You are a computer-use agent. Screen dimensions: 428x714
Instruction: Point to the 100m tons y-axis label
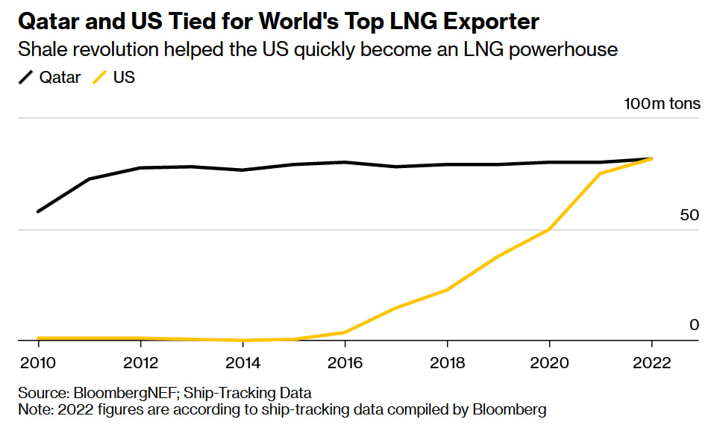(x=663, y=103)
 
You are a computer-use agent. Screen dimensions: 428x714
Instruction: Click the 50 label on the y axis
(x=690, y=215)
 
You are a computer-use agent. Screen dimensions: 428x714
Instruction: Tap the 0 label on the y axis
(x=695, y=325)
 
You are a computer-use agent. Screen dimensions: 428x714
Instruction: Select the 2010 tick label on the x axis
(x=38, y=363)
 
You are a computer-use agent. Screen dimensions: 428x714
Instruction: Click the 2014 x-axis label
(x=242, y=363)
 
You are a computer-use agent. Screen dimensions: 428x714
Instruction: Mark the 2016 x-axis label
(x=345, y=363)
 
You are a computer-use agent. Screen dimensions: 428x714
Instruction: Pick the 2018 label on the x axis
(x=447, y=363)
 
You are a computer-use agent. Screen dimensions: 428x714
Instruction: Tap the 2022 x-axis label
(x=651, y=363)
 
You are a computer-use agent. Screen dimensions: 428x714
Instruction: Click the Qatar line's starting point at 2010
(x=38, y=211)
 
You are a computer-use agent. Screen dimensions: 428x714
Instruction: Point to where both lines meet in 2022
(x=651, y=158)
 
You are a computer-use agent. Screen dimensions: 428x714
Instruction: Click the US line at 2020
(x=549, y=229)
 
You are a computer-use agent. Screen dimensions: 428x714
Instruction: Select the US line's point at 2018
(x=447, y=290)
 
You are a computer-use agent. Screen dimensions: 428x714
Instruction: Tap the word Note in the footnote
(x=34, y=409)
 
